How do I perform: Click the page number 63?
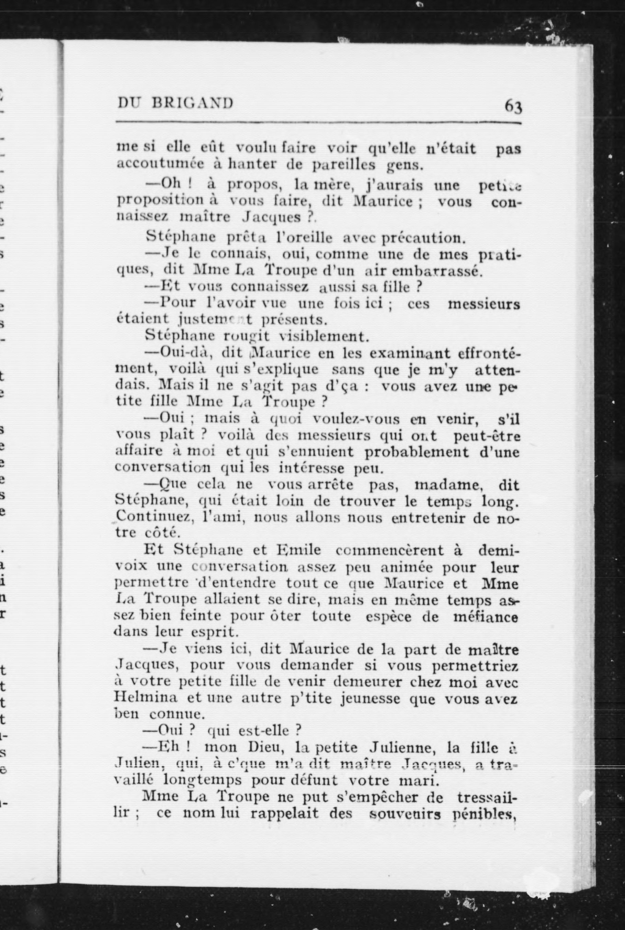(x=513, y=107)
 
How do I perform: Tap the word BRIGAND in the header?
(x=193, y=103)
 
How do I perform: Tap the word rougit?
(x=246, y=336)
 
